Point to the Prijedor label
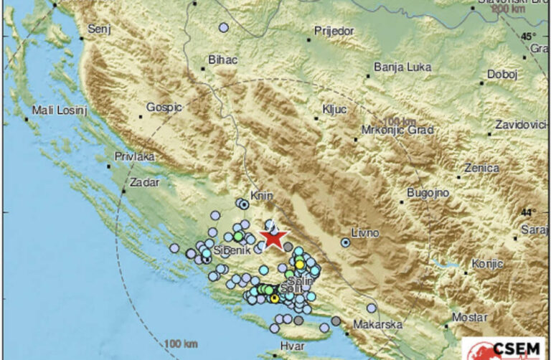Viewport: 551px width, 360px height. (x=334, y=31)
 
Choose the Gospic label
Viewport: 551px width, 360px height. (x=164, y=107)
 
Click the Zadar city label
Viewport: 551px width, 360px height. (x=143, y=183)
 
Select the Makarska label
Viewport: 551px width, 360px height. (x=377, y=325)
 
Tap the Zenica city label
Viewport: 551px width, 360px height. (x=481, y=168)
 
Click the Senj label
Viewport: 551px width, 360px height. (x=98, y=30)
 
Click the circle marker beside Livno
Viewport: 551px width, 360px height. (x=346, y=243)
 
